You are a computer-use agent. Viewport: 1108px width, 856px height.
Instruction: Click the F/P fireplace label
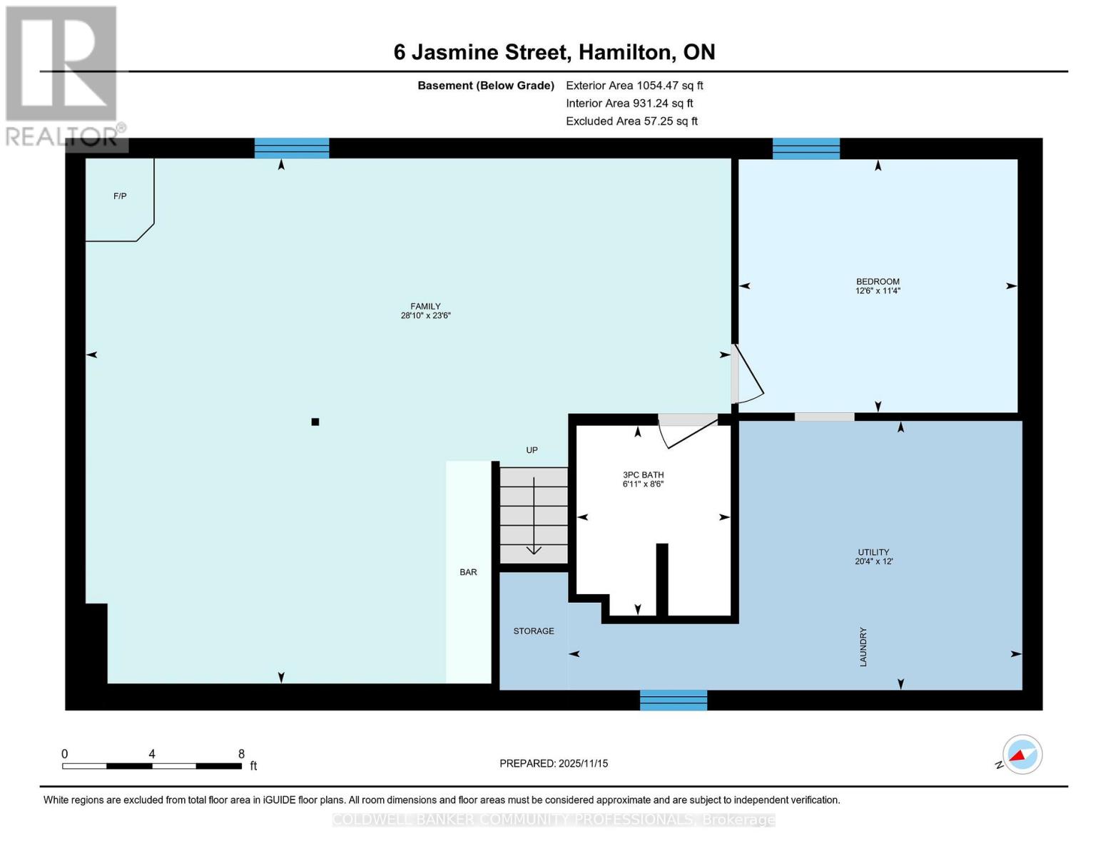point(120,196)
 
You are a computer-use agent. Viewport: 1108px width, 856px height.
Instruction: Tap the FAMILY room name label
point(425,306)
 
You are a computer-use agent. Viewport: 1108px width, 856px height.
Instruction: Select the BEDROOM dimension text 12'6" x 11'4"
point(878,291)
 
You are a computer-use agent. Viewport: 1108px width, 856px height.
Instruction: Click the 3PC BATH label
point(643,474)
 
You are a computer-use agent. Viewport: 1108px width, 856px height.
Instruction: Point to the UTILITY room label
point(873,552)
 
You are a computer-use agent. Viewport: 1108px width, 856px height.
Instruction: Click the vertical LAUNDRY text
point(863,647)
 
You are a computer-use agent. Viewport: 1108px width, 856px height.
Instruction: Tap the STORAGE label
point(534,631)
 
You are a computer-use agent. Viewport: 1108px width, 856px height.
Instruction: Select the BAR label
point(468,572)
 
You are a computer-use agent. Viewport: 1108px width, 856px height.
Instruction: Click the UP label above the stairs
point(532,450)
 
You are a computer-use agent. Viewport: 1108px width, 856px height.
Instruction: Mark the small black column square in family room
point(315,422)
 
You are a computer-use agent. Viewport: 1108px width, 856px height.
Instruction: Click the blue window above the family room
point(292,148)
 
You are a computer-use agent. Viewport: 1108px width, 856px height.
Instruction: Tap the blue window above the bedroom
point(806,148)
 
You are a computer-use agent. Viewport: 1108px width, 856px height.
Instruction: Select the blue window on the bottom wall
point(674,700)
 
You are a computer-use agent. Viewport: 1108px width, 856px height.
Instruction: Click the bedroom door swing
point(747,375)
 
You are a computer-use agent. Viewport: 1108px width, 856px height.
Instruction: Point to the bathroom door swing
point(687,430)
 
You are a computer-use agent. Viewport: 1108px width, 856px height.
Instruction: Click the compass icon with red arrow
point(1022,755)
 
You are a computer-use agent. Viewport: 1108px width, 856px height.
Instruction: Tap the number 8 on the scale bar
point(241,754)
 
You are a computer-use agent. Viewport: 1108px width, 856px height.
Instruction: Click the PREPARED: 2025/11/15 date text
point(554,763)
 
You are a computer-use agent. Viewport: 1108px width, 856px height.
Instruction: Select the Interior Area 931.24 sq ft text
point(629,103)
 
